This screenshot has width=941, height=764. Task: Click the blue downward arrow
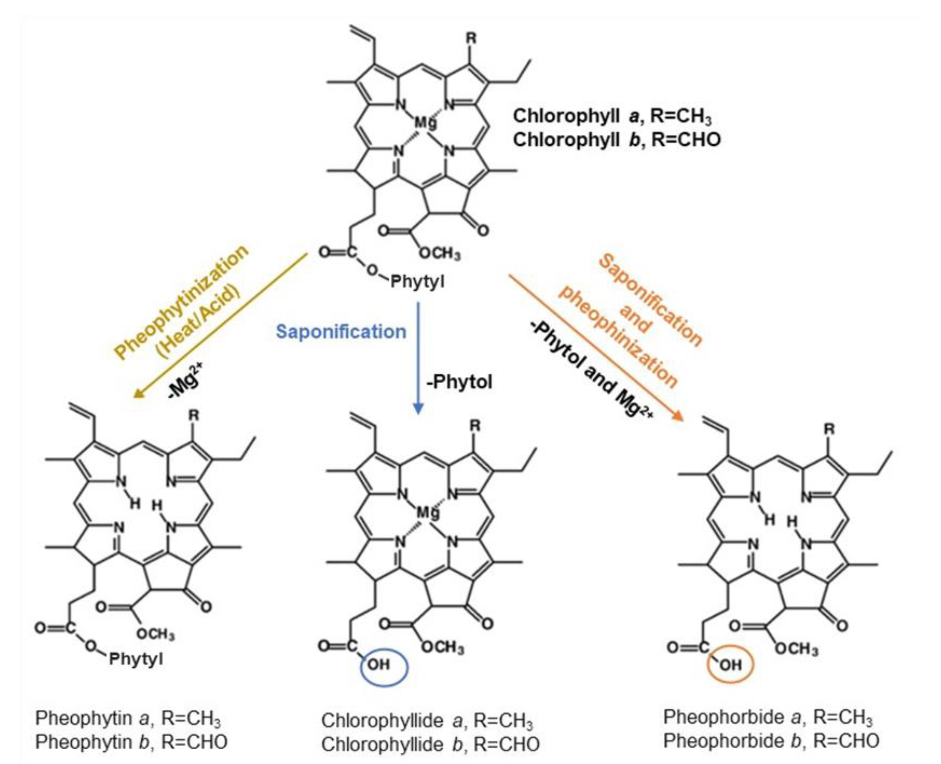point(418,357)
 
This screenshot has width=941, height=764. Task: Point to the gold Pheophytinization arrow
point(220,326)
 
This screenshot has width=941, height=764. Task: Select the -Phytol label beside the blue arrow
point(459,382)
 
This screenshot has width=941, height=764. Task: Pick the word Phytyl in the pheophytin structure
point(136,659)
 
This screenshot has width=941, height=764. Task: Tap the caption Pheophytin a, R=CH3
point(128,718)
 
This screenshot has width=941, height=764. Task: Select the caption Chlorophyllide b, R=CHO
point(430,744)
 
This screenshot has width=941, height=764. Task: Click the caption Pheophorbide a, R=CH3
point(767,717)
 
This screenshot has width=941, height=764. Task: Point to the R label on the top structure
point(471,39)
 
